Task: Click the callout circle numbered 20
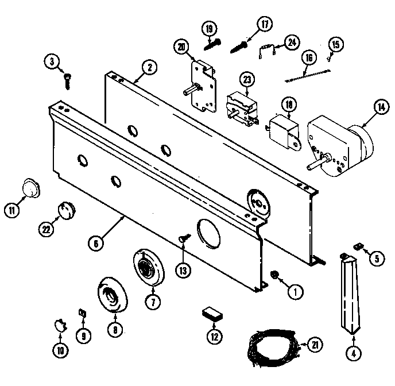[x=183, y=48]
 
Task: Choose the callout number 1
[x=295, y=292]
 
